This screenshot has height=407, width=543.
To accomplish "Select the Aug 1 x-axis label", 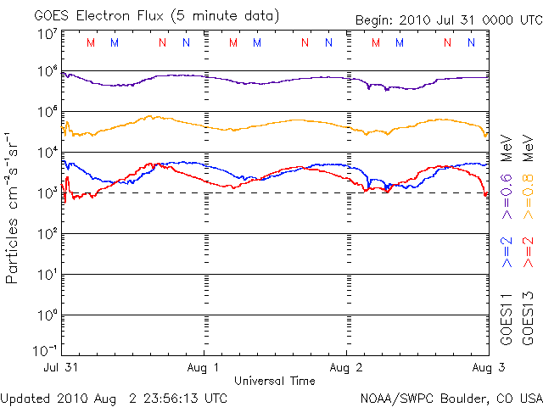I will point(204,368).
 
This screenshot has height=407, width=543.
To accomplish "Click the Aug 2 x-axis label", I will point(346,368).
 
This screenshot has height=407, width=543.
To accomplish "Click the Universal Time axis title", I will point(275,381).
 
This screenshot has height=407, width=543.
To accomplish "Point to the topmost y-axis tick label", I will point(47,34).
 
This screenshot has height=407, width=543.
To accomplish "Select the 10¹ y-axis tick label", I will point(47,274).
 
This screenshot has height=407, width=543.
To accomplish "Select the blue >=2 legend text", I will point(507,253).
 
